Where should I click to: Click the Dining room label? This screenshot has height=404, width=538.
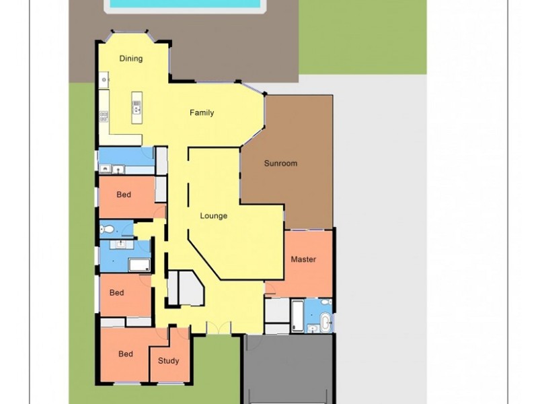[x=131, y=59]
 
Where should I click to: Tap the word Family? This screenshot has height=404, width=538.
[x=202, y=112]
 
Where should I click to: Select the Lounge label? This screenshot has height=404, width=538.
[x=214, y=216]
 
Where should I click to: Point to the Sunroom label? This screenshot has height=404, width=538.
[x=280, y=164]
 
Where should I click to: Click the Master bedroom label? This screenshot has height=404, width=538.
[x=303, y=259]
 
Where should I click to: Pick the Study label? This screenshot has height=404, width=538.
[x=169, y=361]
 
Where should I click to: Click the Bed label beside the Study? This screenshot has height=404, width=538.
[x=126, y=354]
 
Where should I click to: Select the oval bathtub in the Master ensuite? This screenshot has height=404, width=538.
[x=325, y=322]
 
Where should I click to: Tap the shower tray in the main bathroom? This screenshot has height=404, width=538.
[x=140, y=264]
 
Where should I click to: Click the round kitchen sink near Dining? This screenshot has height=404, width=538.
[x=104, y=79]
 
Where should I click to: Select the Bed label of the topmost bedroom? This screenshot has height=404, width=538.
[x=124, y=195]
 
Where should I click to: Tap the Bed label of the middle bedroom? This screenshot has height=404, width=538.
[x=117, y=293]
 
